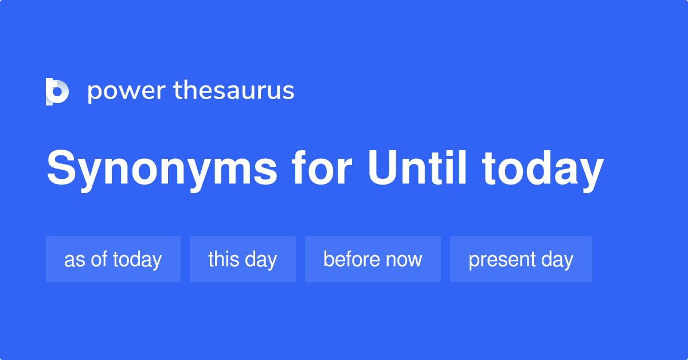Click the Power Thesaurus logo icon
tap(57, 92)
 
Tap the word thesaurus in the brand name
tap(234, 90)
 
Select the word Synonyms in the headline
tap(162, 170)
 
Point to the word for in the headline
tap(322, 168)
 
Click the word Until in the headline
tap(417, 168)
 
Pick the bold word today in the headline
tap(543, 171)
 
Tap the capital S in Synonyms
tap(61, 168)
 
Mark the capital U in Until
tap(383, 168)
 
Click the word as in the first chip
tap(75, 260)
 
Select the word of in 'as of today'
tap(99, 259)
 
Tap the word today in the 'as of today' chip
tap(137, 260)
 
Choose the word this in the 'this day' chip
tap(224, 259)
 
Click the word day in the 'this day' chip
tap(261, 260)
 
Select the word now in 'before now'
tap(404, 260)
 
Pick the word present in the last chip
tap(502, 260)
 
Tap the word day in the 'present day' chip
tap(557, 260)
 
